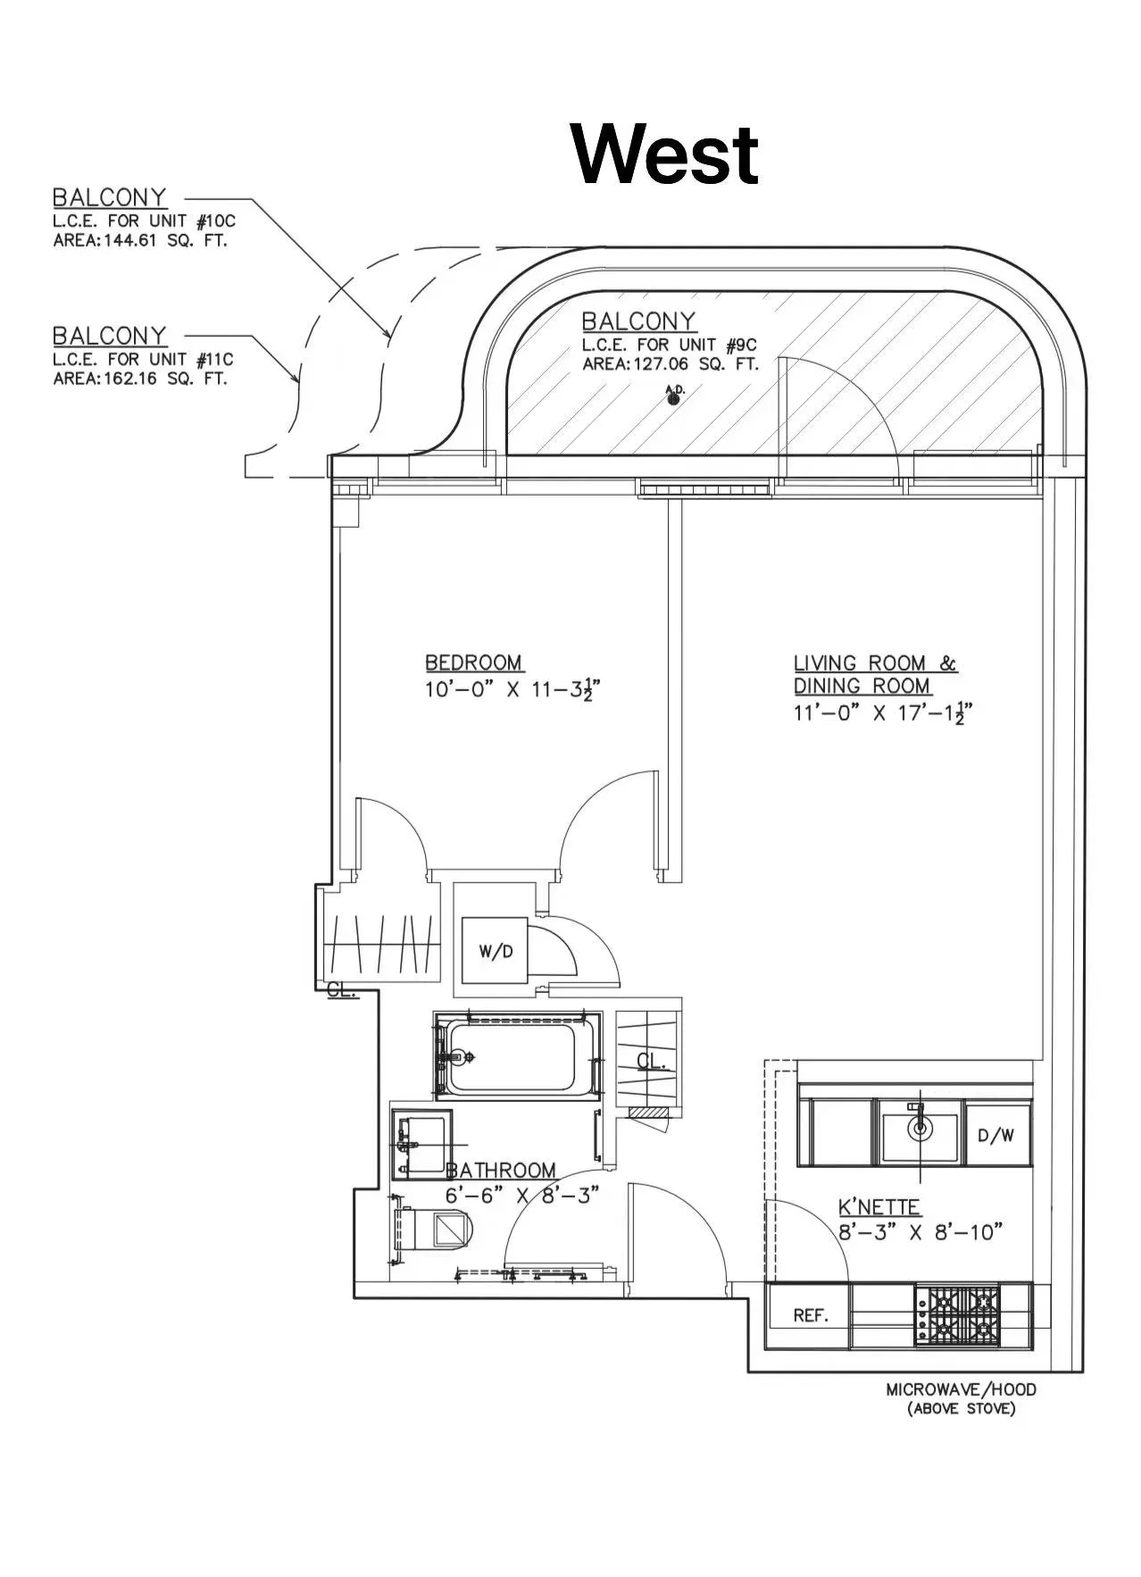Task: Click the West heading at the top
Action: click(665, 154)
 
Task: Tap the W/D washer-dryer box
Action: click(496, 951)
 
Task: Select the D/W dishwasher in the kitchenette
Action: click(995, 1136)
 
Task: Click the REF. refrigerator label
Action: click(811, 1315)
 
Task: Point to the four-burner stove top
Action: click(956, 1314)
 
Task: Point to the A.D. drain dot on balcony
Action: click(674, 399)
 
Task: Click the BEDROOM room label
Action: click(474, 663)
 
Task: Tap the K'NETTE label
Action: click(879, 1207)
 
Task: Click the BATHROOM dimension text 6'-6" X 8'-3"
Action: click(521, 1195)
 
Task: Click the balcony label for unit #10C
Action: click(109, 196)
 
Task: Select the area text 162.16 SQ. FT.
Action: click(140, 379)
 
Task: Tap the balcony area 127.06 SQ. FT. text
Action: click(670, 364)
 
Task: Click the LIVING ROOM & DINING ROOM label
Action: click(875, 674)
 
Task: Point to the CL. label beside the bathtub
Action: click(651, 1061)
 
